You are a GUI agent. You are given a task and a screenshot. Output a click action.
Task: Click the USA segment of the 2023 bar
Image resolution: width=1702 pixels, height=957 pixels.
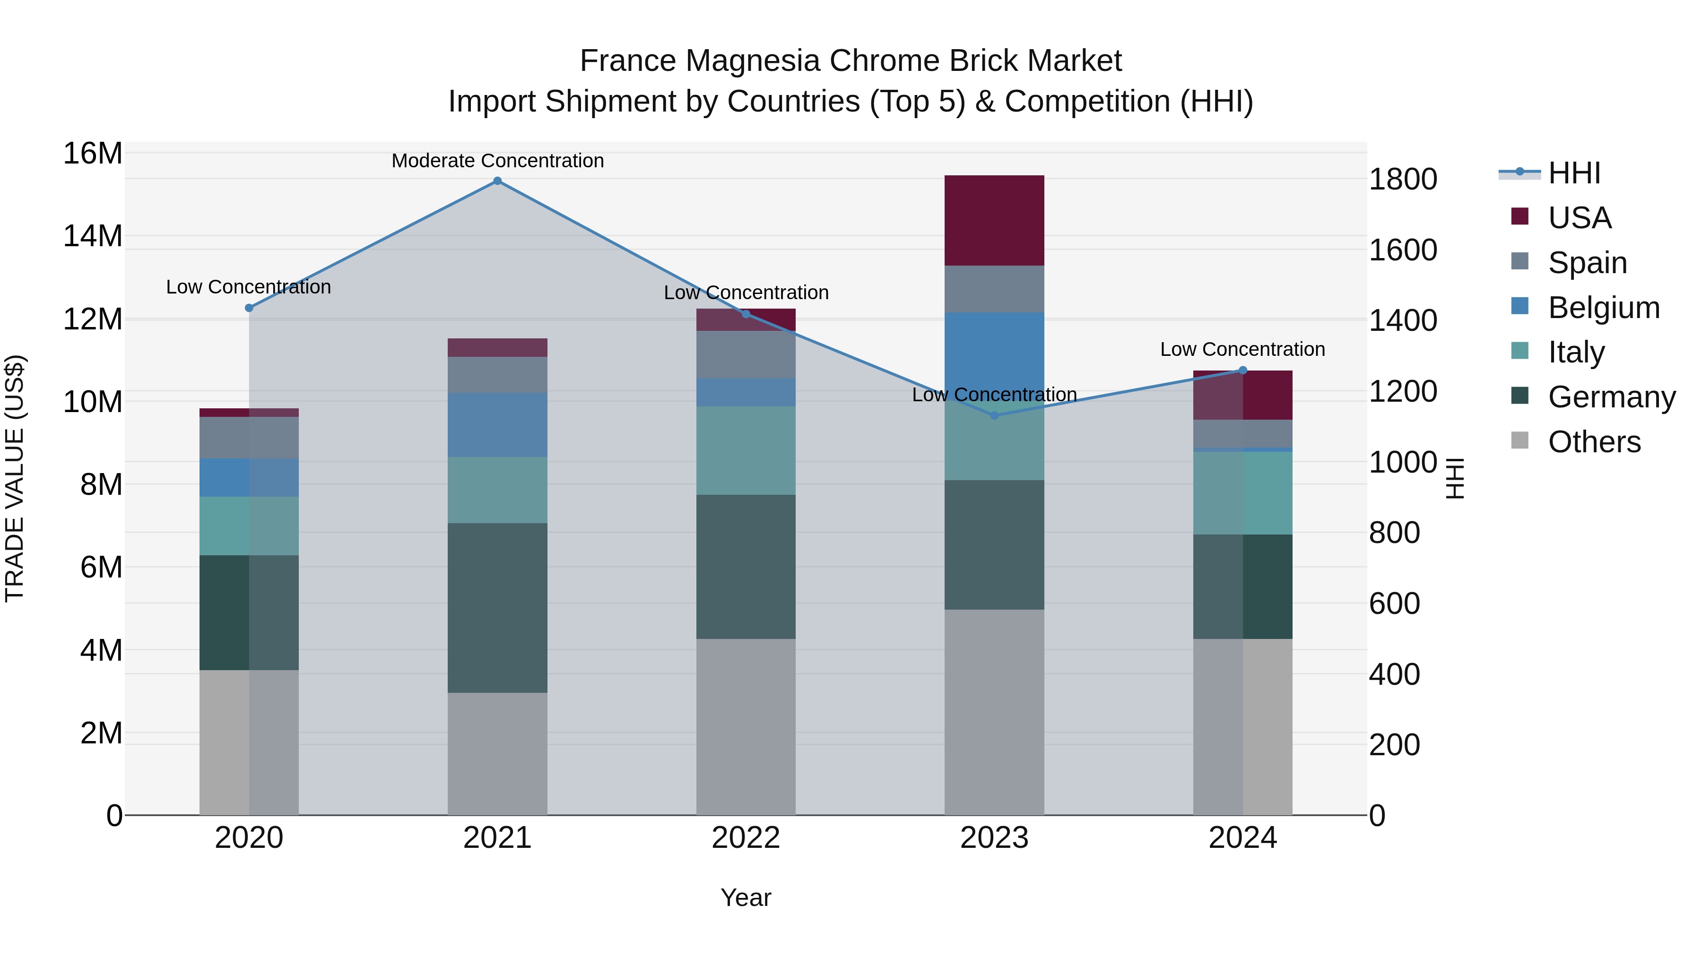point(994,221)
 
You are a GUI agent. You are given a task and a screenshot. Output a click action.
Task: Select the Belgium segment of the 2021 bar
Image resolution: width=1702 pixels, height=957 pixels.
point(497,425)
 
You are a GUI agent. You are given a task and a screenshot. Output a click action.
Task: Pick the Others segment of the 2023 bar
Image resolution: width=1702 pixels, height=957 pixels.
point(994,712)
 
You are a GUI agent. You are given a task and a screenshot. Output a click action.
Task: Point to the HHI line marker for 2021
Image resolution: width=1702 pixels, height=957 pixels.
point(497,181)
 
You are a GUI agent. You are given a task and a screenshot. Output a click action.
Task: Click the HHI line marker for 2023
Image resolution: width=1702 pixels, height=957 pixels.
point(994,415)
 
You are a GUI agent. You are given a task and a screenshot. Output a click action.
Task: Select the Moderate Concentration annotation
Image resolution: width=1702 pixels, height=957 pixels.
point(497,161)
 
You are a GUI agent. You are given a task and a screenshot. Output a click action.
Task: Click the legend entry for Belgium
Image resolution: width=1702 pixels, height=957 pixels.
point(1604,308)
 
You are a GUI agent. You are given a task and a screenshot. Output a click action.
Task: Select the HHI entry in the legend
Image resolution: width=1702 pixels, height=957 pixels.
point(1574,173)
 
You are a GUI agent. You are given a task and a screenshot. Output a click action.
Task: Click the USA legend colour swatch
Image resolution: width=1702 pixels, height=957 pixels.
point(1520,216)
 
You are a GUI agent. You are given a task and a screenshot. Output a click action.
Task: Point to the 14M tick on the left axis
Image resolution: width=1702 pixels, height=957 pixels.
point(93,236)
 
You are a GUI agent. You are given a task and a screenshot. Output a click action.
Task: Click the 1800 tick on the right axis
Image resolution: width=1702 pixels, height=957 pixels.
point(1402,179)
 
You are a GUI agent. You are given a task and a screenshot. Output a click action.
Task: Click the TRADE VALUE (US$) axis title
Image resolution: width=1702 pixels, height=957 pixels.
point(15,478)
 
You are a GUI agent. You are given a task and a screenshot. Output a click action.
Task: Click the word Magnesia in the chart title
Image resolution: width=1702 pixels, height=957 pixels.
point(752,61)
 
